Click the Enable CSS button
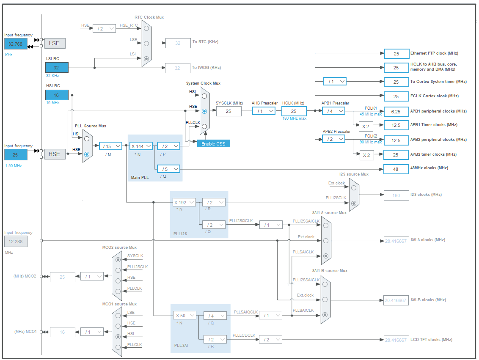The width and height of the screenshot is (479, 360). point(213,144)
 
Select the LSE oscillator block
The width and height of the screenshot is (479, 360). point(55,43)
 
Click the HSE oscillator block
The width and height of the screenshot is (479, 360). point(55,154)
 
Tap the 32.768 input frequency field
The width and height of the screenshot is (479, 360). point(16,44)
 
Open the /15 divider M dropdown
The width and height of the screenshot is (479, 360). point(110,146)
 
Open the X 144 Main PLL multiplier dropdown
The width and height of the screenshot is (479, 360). point(140,146)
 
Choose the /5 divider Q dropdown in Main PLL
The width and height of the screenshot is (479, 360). point(168,169)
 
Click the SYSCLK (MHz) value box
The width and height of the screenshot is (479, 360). point(228,111)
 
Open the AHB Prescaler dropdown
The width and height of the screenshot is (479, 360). point(264,111)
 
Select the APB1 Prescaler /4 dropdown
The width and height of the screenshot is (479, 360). point(333,111)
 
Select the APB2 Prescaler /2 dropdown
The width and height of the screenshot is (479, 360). point(333,139)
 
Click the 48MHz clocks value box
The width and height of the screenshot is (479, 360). point(396,169)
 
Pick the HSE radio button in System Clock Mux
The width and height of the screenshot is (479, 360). point(204,111)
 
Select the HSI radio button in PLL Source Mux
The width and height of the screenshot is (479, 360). point(86,138)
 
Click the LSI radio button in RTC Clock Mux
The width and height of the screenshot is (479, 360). point(146,58)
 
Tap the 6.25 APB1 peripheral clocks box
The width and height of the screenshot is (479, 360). point(396,111)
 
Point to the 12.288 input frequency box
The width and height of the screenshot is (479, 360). point(16,242)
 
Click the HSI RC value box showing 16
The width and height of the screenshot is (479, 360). point(57,96)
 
